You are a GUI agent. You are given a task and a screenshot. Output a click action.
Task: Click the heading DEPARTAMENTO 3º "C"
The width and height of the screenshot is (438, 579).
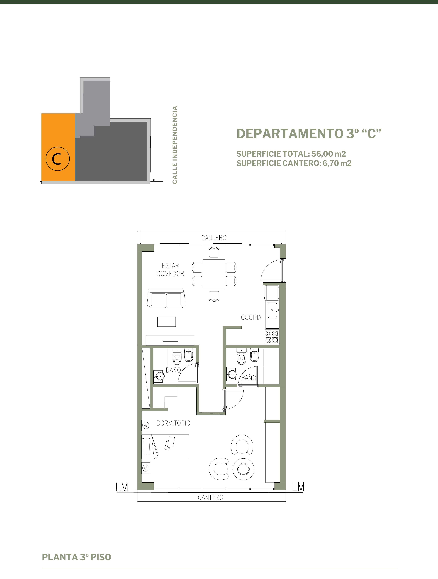click(x=309, y=134)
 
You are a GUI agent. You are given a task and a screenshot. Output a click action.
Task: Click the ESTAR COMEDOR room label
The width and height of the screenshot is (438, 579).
click(x=170, y=270)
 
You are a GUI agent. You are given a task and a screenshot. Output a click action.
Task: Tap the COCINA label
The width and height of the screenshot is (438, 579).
click(x=251, y=317)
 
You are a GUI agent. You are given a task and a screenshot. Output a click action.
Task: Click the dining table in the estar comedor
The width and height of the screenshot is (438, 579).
click(x=214, y=274)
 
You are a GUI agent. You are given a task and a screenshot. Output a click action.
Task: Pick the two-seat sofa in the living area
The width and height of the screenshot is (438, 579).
click(x=166, y=298)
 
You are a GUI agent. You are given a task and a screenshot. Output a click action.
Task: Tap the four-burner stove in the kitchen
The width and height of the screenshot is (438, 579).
click(x=272, y=336)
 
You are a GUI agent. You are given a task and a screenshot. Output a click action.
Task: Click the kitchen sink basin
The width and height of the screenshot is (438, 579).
click(x=272, y=310)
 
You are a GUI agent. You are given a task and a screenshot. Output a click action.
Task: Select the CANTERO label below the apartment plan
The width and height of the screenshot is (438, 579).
click(x=211, y=497)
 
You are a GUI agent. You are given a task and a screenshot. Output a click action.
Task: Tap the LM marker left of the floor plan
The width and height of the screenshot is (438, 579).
click(x=122, y=487)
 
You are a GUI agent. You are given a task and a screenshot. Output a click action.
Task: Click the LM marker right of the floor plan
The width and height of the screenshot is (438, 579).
click(x=298, y=487)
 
